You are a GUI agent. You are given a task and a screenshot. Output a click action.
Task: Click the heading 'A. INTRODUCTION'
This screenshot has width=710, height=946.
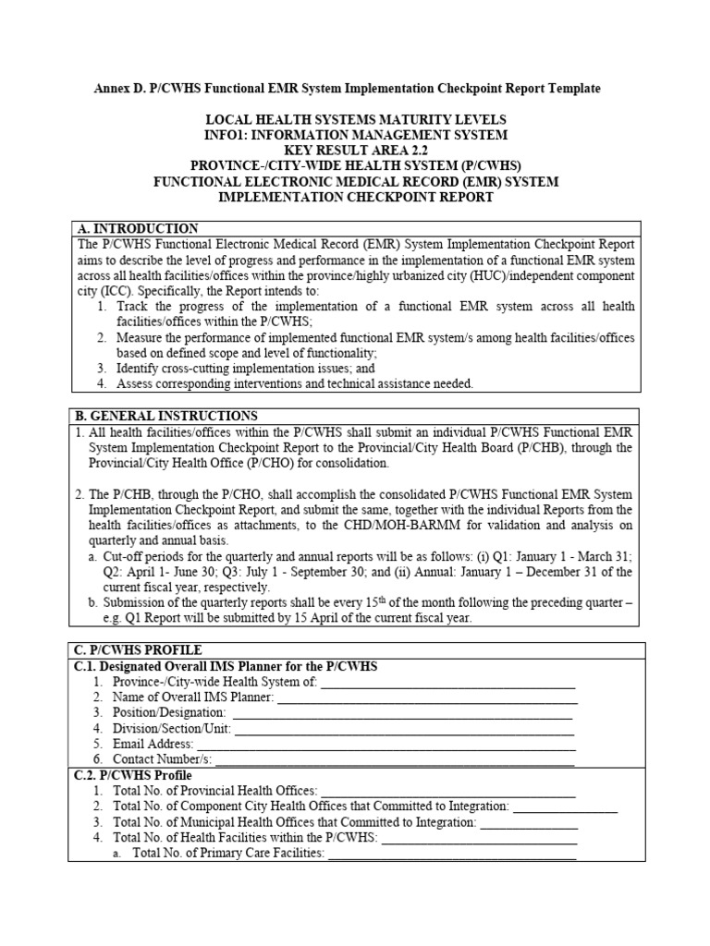pos(136,228)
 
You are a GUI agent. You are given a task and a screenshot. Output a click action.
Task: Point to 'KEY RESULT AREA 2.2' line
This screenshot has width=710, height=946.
pos(355,151)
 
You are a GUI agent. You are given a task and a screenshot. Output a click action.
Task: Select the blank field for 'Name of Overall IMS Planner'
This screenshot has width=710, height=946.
pos(427,697)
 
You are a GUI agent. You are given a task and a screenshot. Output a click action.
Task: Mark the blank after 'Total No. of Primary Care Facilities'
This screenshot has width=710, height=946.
pos(452,854)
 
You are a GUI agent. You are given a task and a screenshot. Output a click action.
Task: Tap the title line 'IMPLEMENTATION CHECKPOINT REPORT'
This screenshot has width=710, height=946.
pos(355,198)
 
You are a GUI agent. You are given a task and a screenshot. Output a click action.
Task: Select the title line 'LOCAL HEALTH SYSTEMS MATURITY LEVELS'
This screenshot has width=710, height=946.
pos(355,120)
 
